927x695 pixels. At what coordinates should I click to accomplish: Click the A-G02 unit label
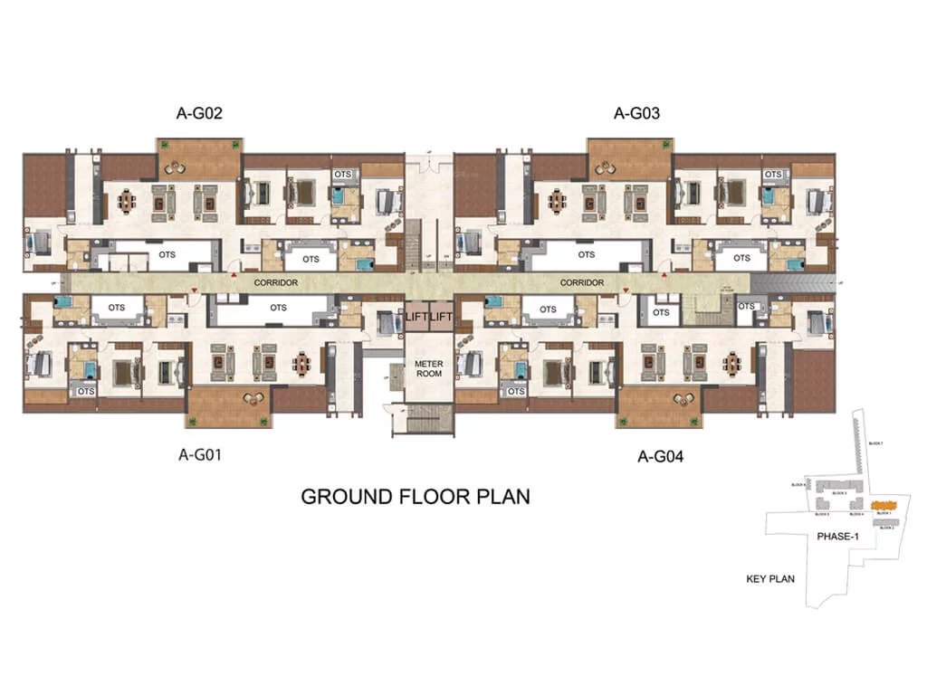click(199, 114)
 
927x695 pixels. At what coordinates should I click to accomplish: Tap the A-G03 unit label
click(636, 114)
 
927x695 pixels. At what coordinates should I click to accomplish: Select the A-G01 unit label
click(200, 455)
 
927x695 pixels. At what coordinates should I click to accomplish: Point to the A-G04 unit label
click(661, 456)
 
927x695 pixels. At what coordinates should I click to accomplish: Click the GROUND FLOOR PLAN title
click(415, 497)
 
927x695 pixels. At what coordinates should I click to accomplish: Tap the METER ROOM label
click(428, 370)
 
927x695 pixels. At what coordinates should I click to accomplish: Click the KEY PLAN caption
click(770, 578)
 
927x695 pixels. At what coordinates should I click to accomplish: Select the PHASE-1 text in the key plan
click(838, 537)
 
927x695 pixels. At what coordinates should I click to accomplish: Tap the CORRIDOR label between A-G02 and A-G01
click(276, 282)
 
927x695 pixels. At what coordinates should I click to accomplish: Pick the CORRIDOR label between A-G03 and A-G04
click(582, 282)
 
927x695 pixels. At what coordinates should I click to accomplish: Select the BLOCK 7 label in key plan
click(874, 443)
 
